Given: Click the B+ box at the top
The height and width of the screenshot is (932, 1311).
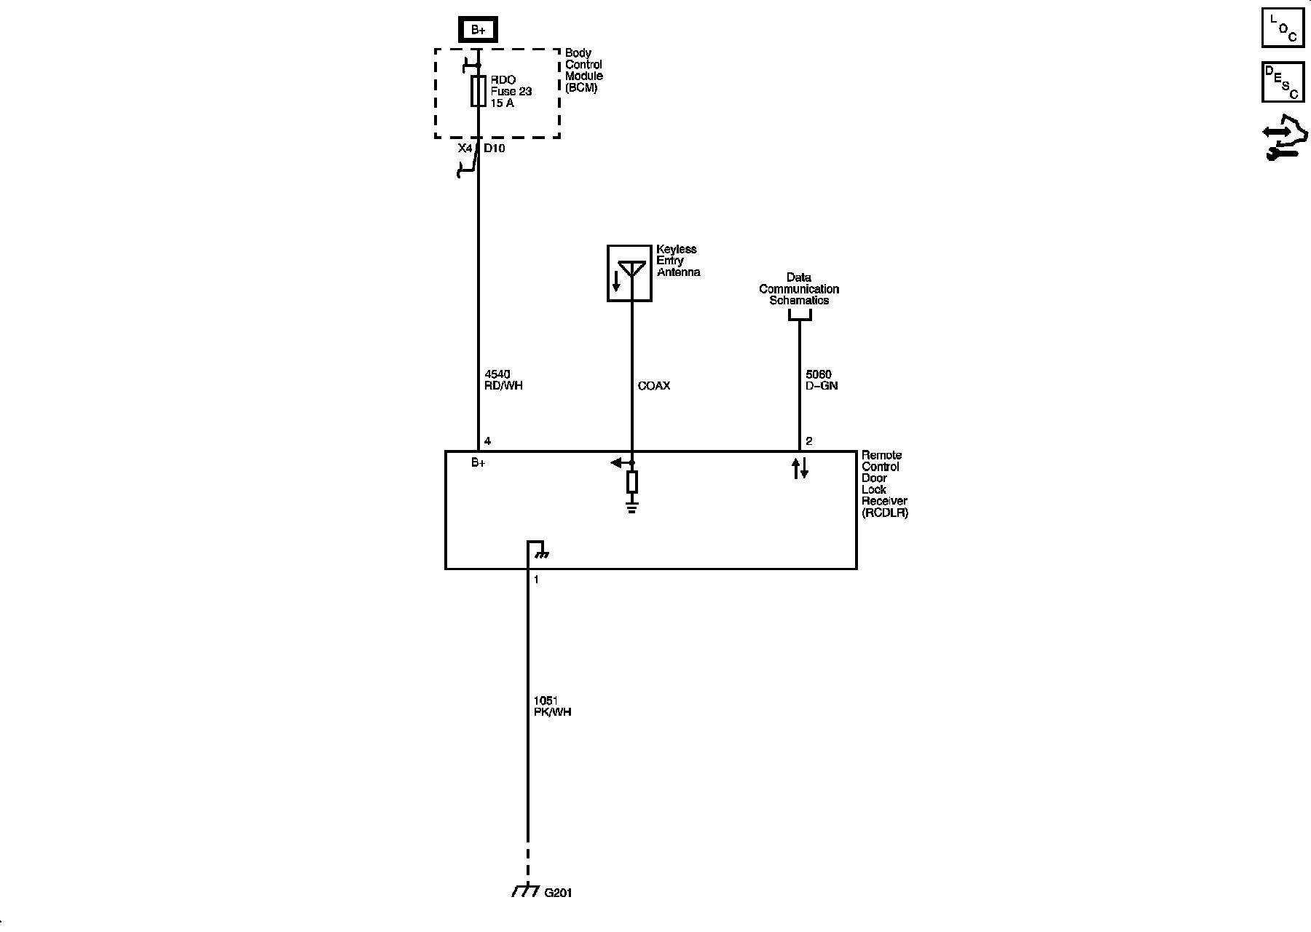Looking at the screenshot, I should (x=478, y=30).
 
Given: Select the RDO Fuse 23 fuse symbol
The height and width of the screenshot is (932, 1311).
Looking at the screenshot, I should (x=478, y=91).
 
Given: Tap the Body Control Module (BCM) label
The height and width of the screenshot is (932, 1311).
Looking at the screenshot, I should (x=584, y=71).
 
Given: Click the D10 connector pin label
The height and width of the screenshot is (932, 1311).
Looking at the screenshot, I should (x=495, y=149).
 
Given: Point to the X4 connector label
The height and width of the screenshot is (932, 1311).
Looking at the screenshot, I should (x=465, y=149).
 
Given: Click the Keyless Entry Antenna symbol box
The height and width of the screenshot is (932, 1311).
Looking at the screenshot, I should (x=629, y=273).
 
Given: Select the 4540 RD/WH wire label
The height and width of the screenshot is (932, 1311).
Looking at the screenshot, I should (x=503, y=380).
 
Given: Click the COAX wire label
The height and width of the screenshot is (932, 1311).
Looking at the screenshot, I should (x=653, y=386).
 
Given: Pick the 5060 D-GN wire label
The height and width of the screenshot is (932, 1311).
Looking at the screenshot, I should (x=822, y=380).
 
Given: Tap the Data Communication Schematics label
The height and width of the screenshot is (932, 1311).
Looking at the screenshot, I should (x=799, y=289).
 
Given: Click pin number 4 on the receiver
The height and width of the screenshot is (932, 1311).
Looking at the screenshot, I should (x=487, y=441).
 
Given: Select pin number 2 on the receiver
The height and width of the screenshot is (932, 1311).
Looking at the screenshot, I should (x=809, y=441).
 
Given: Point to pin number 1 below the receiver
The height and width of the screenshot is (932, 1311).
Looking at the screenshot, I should (x=537, y=580).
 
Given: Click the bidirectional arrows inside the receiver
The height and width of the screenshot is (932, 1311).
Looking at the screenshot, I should (x=800, y=468).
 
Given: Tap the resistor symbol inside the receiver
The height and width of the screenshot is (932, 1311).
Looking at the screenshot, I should (x=632, y=482).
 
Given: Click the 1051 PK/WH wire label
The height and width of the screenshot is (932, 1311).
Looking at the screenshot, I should (x=552, y=706).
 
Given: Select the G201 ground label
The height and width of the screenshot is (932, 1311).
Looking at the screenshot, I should (x=558, y=893).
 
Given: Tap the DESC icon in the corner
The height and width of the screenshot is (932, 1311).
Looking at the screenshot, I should (x=1283, y=82).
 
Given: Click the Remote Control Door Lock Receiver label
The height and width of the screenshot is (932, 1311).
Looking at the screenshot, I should (x=884, y=483).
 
